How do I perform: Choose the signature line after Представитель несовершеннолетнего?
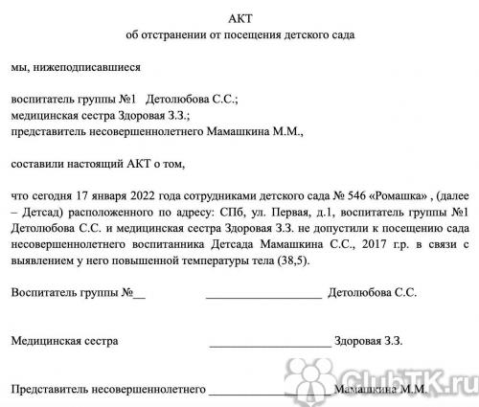272,392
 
